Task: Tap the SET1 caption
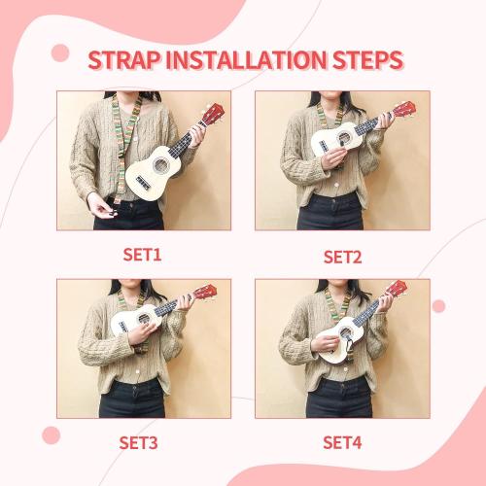pos(142,256)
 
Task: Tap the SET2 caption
pos(342,257)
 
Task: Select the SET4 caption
pos(342,442)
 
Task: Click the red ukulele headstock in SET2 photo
pos(405,108)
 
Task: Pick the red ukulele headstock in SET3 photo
pos(204,293)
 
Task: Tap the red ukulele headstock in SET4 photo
pos(396,289)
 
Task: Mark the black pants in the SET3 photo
pos(132,399)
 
